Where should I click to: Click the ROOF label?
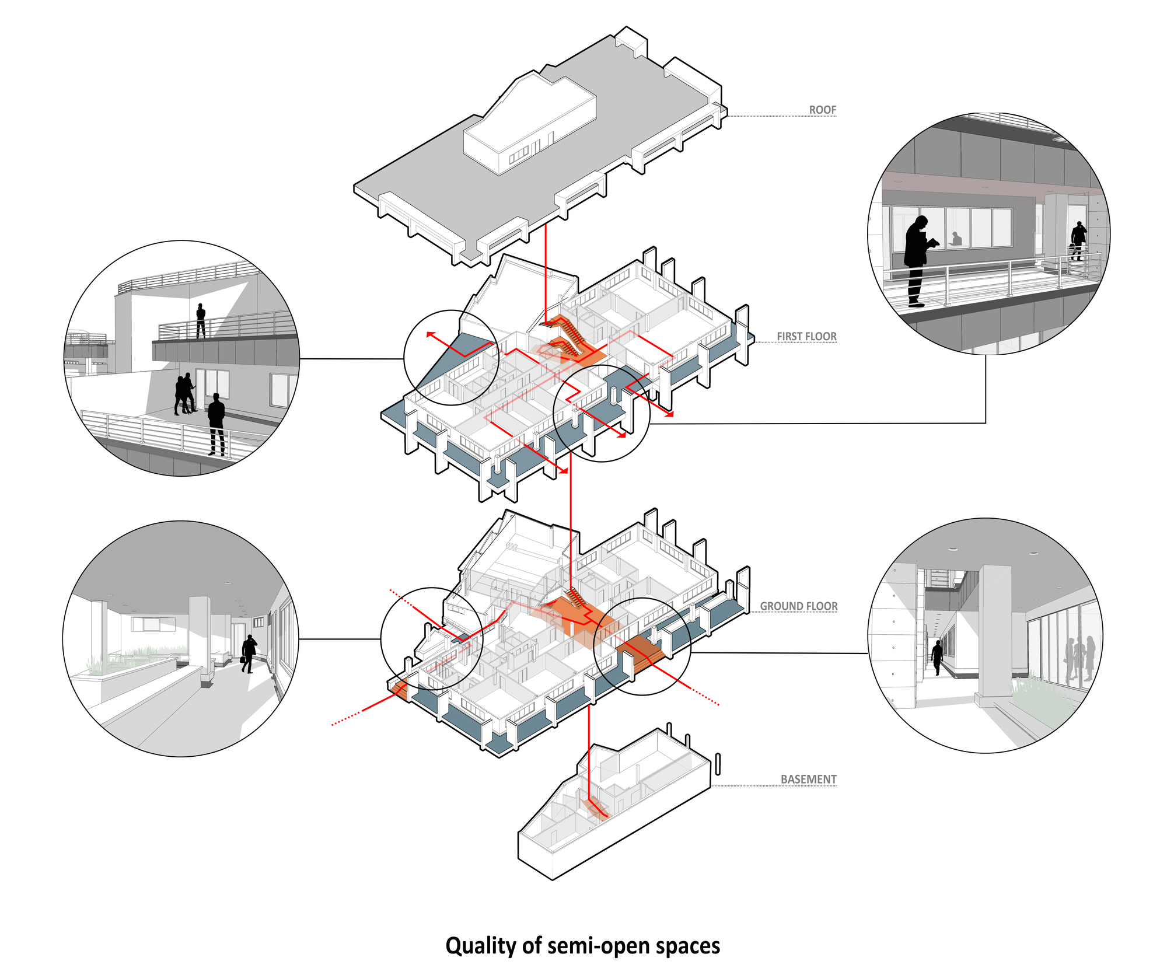click(822, 110)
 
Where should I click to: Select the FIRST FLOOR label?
click(806, 336)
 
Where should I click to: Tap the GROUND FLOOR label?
click(798, 606)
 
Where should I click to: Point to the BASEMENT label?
click(808, 779)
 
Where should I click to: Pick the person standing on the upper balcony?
click(201, 320)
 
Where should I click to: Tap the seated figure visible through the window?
click(956, 239)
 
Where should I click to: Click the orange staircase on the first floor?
click(566, 338)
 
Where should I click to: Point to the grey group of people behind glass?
click(1080, 659)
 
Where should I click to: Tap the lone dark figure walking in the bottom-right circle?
click(937, 657)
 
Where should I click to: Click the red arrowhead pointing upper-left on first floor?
click(429, 335)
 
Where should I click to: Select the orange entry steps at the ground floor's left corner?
click(399, 689)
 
